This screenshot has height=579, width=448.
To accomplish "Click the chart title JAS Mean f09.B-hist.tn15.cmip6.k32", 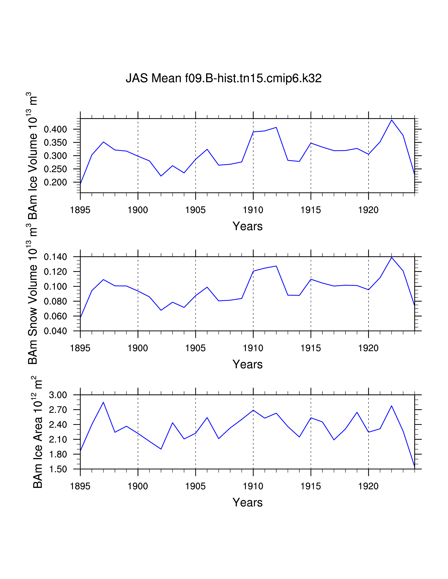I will point(223,78).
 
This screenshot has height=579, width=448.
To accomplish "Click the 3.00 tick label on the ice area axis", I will point(58,395).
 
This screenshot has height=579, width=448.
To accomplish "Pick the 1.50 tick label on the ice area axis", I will point(58,469).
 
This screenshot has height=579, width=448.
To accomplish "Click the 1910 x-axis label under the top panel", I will point(253,210).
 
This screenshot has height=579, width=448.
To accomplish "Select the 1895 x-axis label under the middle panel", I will point(80,348).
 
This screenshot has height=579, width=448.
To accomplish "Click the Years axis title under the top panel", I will point(247,226).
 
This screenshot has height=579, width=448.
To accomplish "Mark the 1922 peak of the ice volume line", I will point(391,120).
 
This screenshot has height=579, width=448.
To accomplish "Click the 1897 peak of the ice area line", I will point(103,402).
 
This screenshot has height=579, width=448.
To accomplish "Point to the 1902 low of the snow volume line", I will point(161,310).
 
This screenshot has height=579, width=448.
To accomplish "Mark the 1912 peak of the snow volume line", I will point(276,266).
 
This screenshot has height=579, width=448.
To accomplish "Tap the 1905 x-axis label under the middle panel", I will point(195,348).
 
